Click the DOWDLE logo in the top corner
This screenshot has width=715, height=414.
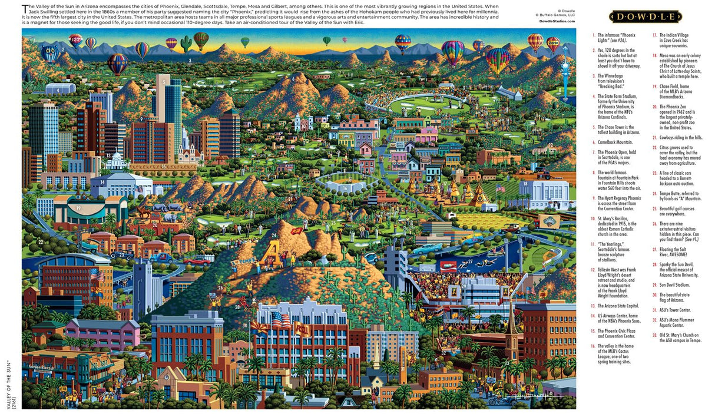click(645, 16)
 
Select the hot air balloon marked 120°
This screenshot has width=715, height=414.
click(75, 41)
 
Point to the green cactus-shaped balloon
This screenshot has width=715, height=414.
click(187, 44)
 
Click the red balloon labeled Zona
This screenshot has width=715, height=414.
click(553, 44)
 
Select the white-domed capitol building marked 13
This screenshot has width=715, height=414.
click(115, 162)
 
